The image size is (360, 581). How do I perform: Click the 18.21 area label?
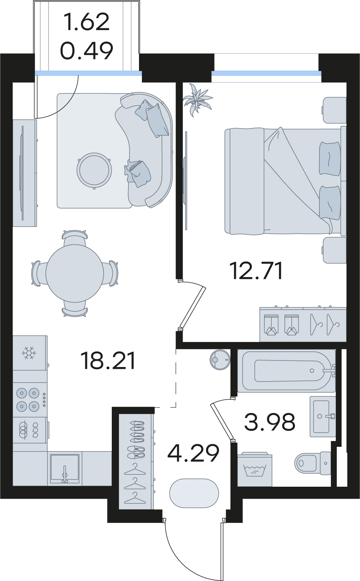click(108, 360)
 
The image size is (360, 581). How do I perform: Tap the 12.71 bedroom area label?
click(257, 271)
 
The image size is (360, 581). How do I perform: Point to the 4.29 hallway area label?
click(193, 453)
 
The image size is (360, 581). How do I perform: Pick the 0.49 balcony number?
click(87, 50)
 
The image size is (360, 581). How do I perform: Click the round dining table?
click(74, 273)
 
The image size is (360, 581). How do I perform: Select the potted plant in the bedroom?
click(197, 100)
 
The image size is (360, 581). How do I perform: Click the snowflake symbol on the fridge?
click(29, 353)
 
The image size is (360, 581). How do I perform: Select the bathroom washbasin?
click(323, 416)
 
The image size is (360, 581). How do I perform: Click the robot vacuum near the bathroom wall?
click(220, 359)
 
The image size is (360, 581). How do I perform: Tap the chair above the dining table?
click(74, 238)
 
